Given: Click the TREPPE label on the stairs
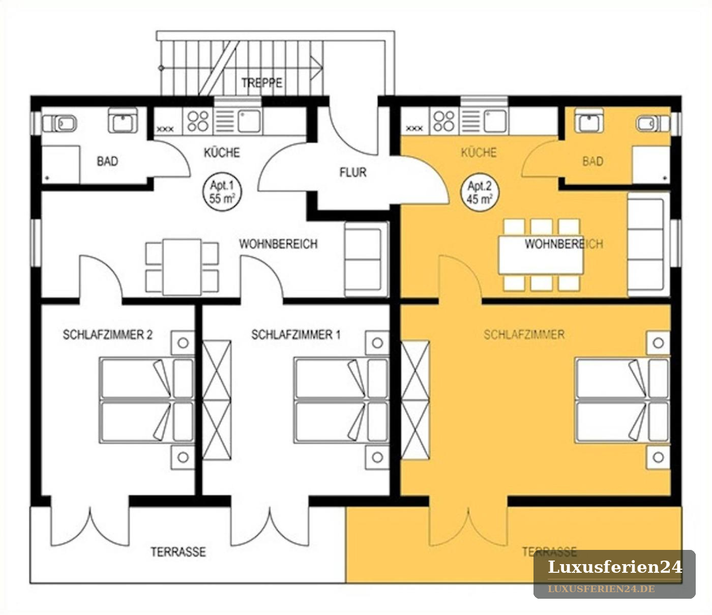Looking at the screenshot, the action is pos(261,83).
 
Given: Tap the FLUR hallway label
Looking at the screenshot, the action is pos(353,172).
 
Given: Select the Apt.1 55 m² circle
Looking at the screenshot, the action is pos(222,192).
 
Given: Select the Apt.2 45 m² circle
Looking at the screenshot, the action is pos(480,192).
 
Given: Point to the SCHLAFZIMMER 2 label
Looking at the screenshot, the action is pos(107,335).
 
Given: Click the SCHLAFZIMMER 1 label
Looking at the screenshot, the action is pos(296,335).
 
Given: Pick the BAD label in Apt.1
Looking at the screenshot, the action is pos(107,161).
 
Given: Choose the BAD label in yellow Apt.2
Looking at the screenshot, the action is pos(593,161).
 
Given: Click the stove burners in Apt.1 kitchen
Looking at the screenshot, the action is pos(198,121).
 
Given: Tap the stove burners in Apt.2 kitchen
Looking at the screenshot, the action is pos(443,121).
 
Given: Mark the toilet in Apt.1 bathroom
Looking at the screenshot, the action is pos(59,123).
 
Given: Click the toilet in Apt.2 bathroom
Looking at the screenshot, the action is pos(653,124).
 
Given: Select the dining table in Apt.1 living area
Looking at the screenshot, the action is pos(182,267).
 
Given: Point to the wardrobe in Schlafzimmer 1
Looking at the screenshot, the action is pos(217,400).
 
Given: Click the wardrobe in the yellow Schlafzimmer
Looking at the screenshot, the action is pos(415,400).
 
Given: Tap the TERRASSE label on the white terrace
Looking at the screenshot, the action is pos(178,551).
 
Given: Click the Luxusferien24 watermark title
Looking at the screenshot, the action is pos(614,567).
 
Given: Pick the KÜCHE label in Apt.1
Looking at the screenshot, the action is pos(222,153).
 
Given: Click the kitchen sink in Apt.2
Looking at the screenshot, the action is pos(495,121).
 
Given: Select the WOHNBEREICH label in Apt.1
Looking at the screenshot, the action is pos(278,244).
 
